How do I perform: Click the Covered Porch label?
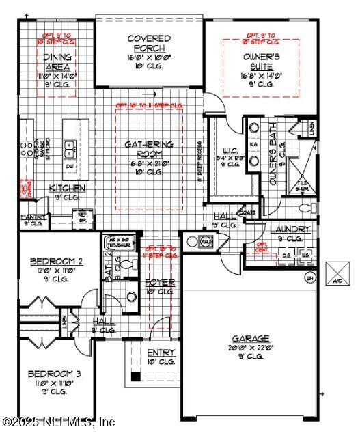149,42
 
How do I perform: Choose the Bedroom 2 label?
57,261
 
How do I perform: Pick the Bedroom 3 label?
54,374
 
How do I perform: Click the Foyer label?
161,282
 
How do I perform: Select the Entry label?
161,353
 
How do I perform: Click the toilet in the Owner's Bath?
306,206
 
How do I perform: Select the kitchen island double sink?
70,145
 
